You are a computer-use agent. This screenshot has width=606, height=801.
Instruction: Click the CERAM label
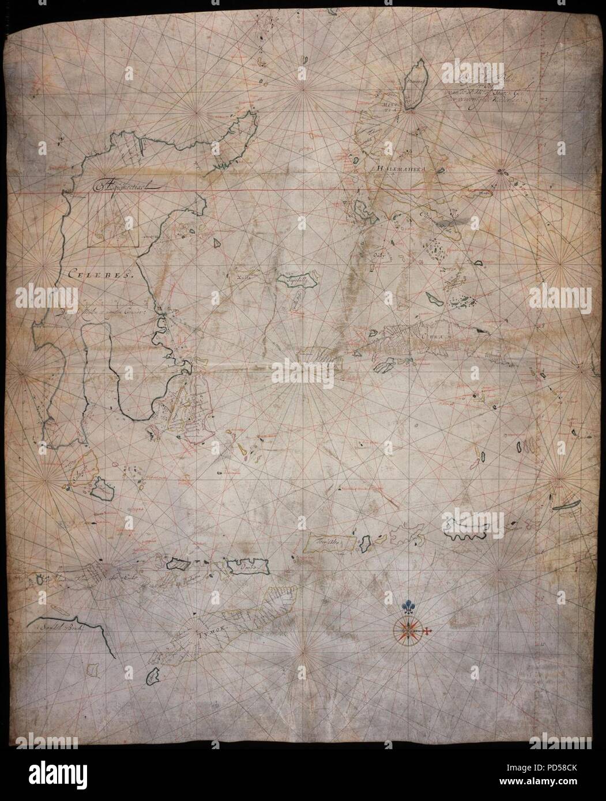[x=433, y=336]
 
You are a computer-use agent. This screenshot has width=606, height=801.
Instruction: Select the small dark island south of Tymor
[x=152, y=678]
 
